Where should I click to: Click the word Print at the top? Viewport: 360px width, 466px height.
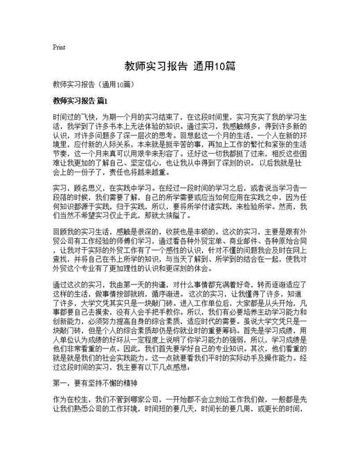[x=59, y=48]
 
